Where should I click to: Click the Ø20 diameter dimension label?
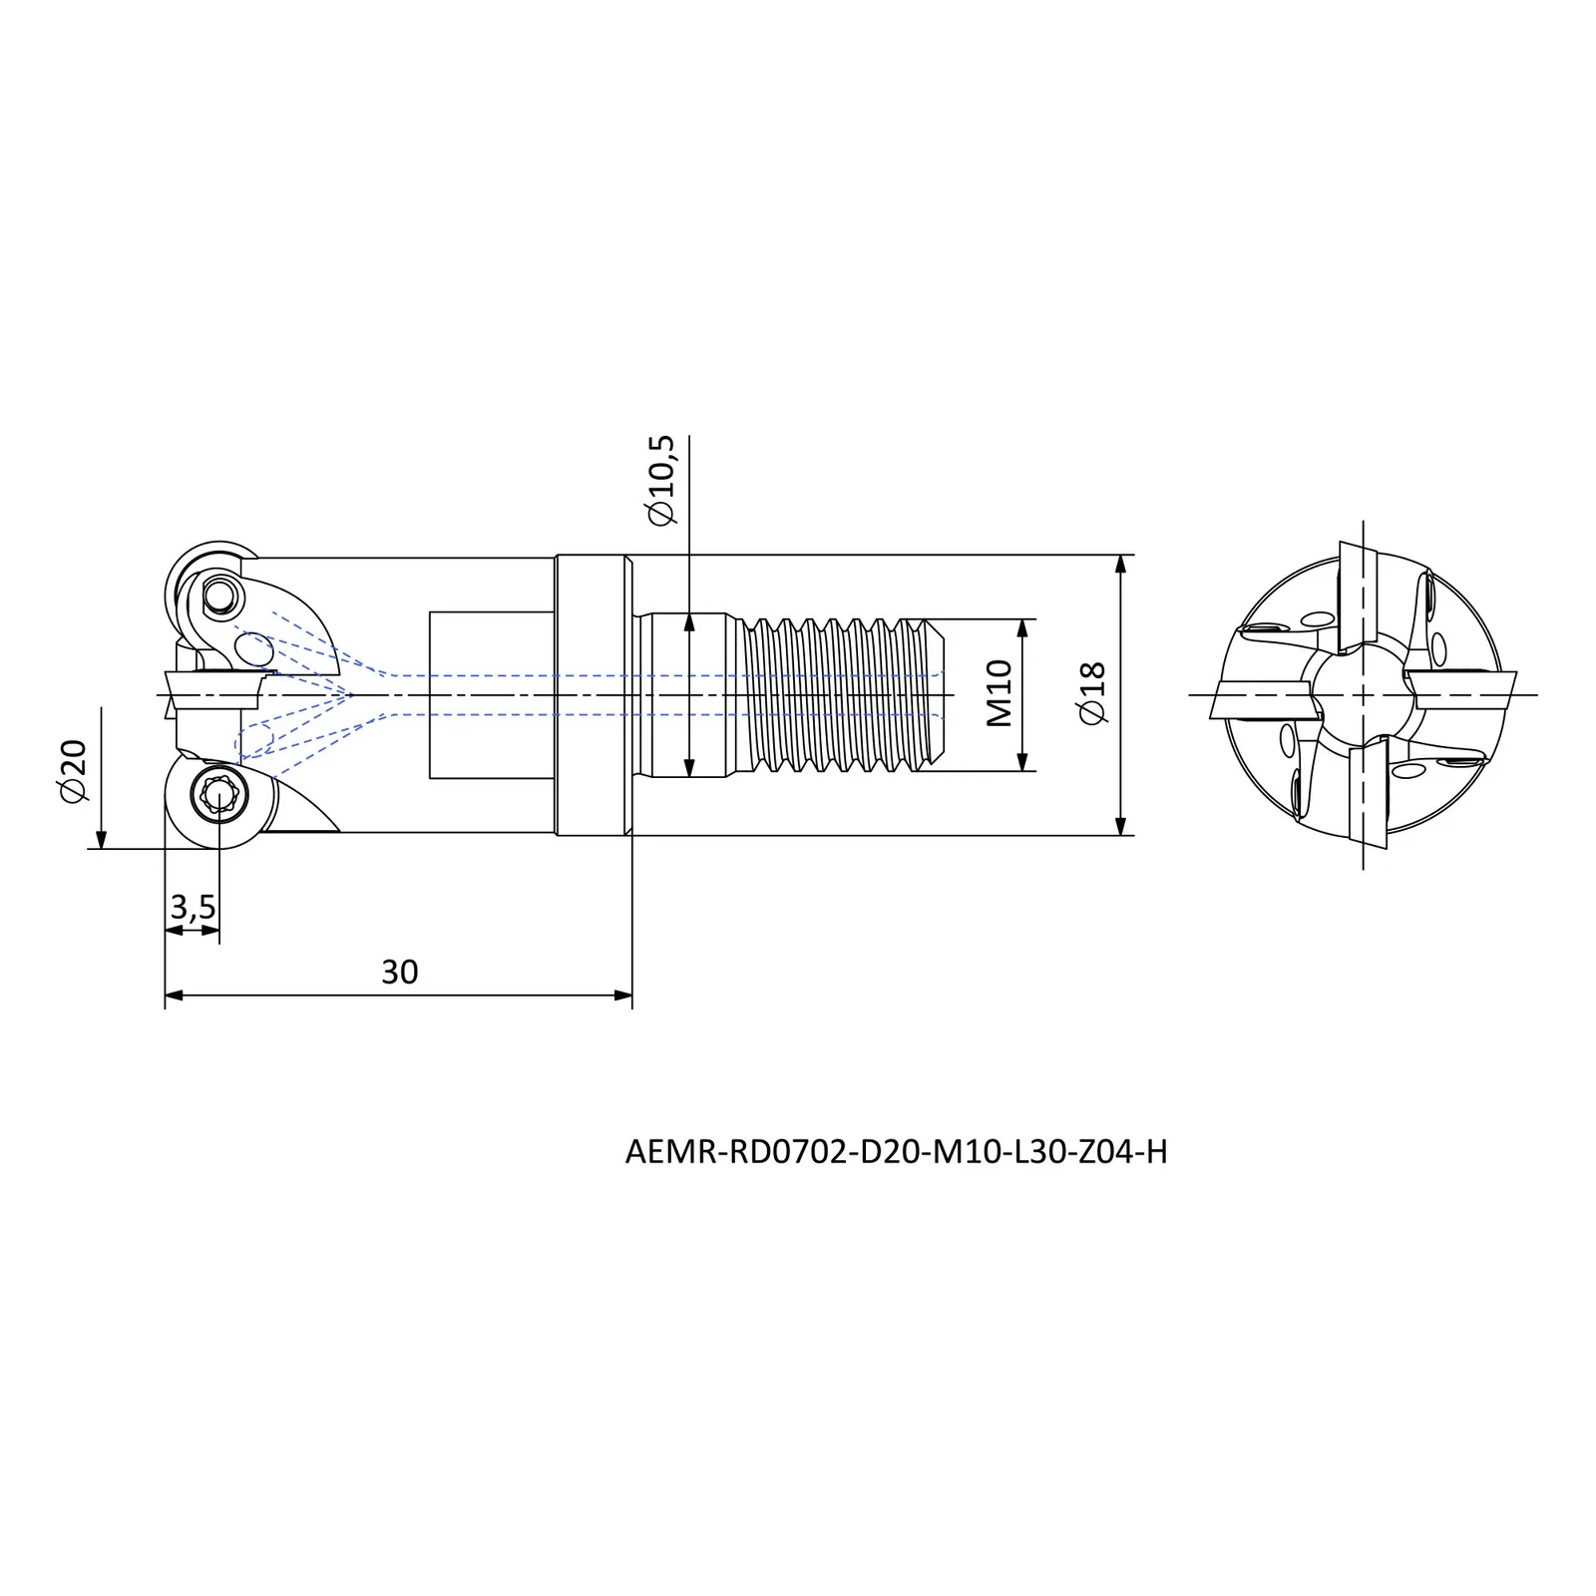(x=76, y=771)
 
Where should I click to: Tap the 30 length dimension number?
(x=399, y=972)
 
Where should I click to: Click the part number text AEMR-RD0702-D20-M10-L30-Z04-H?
(x=896, y=1152)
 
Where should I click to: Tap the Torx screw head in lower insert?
(x=216, y=795)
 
